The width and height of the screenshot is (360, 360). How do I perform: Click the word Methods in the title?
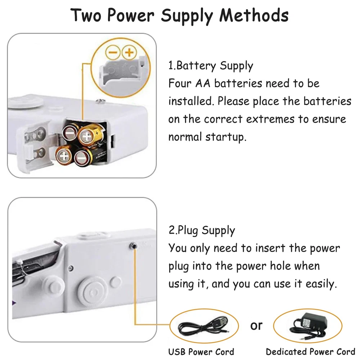[254, 15]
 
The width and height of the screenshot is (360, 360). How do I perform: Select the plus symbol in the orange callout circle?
[129, 53]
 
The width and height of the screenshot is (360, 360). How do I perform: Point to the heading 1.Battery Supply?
[211, 66]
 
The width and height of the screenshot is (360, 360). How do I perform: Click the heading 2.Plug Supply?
[202, 230]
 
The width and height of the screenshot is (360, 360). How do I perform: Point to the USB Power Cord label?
[201, 352]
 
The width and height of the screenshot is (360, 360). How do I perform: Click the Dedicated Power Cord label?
[311, 352]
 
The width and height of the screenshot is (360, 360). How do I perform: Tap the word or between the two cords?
[256, 325]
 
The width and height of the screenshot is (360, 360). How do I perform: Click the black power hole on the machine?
[134, 246]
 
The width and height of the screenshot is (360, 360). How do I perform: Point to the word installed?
[191, 101]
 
